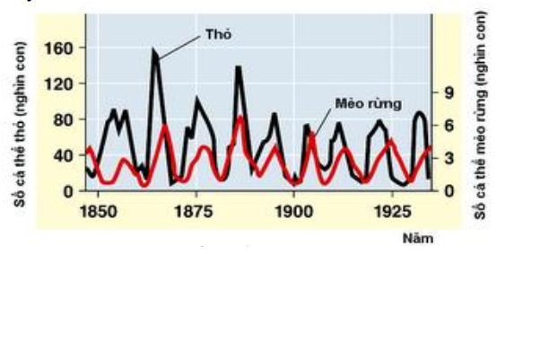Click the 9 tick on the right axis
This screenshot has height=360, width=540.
coord(448,92)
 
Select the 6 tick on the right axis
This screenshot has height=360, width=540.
coord(448,126)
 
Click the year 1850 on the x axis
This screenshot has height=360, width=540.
coord(99,212)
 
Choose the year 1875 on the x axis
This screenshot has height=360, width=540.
coord(196,212)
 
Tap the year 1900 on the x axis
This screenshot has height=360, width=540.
coord(293,212)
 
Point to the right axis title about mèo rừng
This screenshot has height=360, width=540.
coord(482,117)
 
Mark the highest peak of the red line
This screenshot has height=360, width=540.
coord(240,118)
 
